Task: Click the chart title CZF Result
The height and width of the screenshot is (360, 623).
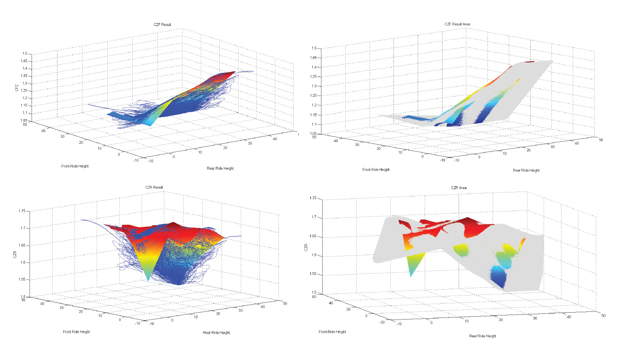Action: coord(162,25)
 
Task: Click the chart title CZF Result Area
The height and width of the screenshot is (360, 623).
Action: coord(457,24)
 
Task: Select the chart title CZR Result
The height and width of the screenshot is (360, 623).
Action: coord(154,187)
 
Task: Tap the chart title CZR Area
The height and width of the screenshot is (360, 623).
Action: coord(459,188)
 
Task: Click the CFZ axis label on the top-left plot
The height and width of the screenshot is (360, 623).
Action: coord(17,87)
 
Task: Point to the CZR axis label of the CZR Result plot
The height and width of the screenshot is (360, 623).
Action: coord(15,254)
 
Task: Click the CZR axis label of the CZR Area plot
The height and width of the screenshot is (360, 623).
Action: coord(306,247)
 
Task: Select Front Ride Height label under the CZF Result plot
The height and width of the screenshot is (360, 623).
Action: coord(75,166)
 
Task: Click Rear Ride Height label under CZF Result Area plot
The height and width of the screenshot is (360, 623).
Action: coord(526,170)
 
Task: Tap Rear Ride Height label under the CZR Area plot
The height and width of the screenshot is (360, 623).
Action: coord(483,336)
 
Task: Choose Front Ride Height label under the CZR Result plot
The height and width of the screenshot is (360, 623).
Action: coord(76,332)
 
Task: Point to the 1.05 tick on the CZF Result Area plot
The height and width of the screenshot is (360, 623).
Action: coord(314,134)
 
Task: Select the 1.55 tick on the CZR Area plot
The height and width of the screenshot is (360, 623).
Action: coord(313,274)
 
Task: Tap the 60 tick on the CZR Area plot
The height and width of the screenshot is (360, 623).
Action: coord(314,297)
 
